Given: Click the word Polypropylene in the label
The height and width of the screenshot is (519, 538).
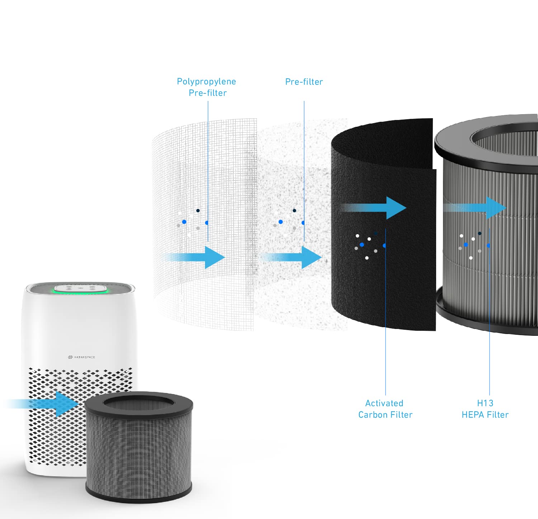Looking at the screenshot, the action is click(206, 82).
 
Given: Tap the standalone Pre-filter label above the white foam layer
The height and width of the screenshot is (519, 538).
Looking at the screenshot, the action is click(304, 82).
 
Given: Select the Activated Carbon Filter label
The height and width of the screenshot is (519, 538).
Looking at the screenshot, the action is click(385, 409).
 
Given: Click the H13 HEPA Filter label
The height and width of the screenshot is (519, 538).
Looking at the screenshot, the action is click(485, 409).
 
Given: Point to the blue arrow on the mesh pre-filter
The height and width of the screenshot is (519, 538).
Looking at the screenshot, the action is click(195, 257).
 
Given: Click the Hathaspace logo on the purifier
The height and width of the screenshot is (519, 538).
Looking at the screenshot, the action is click(81, 357).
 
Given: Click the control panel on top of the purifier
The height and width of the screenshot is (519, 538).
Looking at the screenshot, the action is click(80, 288).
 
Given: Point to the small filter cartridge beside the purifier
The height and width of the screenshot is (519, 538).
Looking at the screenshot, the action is click(139, 448).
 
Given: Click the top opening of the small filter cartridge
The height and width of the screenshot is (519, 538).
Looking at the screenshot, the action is click(139, 404).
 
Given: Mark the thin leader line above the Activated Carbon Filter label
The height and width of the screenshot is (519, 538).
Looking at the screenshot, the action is click(386, 312).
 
